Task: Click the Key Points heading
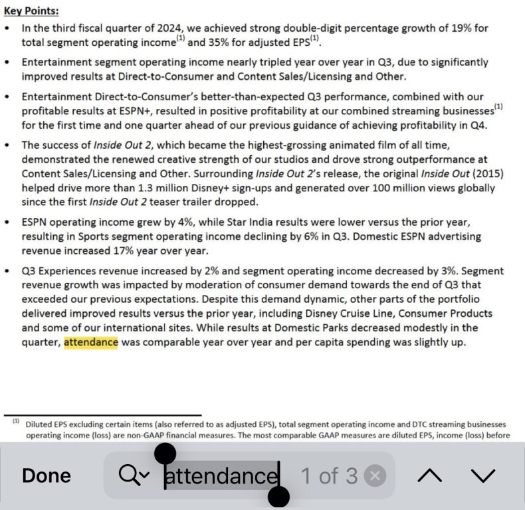pos(31,11)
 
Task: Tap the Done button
pos(47,475)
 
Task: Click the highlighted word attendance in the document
pos(90,343)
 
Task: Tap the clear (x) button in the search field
pos(375,475)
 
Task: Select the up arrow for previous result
pos(430,475)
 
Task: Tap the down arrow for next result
pos(483,475)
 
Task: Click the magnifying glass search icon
pos(130,475)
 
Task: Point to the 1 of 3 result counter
pos(329,475)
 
